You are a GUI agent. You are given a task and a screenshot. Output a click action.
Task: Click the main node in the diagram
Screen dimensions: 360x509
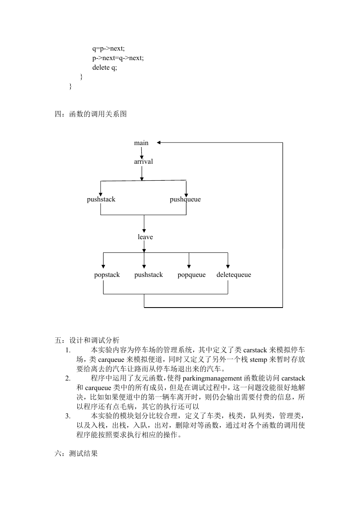coord(141,143)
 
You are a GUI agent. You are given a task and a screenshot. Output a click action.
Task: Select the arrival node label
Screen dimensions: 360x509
coord(143,162)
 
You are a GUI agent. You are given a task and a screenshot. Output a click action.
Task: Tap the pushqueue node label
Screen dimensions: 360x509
coord(185,199)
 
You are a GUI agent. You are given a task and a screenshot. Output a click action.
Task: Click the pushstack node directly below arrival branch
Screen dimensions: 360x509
coord(101,199)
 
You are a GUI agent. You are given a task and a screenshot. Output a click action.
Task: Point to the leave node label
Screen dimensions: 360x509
coord(145,237)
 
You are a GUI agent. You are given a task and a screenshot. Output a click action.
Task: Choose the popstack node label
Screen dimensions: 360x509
coord(107,275)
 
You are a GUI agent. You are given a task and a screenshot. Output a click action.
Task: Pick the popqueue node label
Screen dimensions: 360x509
coord(191,275)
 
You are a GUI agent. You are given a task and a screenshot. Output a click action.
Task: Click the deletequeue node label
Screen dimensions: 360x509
coord(234,275)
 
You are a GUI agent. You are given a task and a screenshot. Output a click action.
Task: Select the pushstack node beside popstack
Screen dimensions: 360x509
coord(149,275)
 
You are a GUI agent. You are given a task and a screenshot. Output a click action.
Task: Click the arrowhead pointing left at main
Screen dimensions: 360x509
coord(159,143)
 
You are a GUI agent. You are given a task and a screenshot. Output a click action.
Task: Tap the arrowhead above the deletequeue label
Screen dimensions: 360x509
coord(228,267)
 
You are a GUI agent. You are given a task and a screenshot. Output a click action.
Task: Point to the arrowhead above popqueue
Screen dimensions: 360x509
coord(189,267)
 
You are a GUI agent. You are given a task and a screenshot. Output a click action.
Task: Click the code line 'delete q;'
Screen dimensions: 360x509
coord(104,68)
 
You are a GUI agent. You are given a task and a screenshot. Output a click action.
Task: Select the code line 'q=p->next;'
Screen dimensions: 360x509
coord(109,48)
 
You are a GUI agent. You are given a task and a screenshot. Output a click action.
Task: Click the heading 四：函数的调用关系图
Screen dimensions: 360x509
coord(90,114)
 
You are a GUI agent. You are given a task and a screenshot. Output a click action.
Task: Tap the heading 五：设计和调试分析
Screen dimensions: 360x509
coord(87,340)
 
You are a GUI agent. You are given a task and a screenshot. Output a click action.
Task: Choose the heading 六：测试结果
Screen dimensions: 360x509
coord(76,453)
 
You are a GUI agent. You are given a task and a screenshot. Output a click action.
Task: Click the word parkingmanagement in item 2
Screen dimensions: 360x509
coord(212,378)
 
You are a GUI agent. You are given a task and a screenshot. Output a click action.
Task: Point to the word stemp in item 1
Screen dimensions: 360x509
coord(258,360)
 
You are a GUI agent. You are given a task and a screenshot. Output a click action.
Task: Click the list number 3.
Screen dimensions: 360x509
coord(68,416)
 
